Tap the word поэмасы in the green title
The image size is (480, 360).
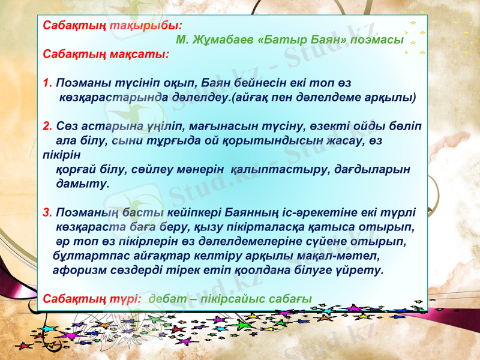[377, 40]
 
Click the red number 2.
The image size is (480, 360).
[48, 127]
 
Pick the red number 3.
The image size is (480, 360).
[48, 213]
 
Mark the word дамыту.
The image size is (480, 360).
[82, 184]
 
